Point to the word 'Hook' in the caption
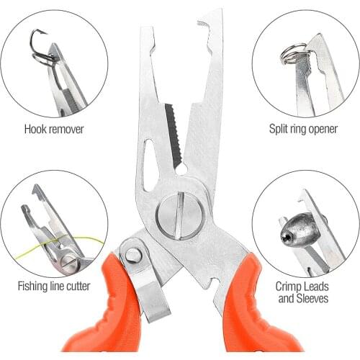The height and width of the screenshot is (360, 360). click(x=36, y=130)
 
